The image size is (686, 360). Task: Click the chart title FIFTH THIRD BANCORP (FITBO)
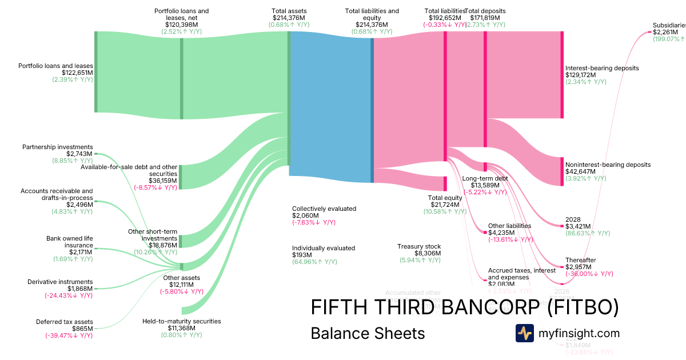point(464,307)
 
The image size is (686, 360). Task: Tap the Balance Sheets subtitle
point(368,333)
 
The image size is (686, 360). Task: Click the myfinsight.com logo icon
point(524,333)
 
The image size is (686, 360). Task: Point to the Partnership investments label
point(57,147)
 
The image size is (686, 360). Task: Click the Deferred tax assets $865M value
point(82,329)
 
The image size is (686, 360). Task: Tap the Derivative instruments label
point(60,282)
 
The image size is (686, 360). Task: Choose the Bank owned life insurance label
point(69,242)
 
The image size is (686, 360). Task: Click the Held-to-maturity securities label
point(181,321)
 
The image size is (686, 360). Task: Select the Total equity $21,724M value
point(444,205)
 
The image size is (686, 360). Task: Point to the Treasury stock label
point(419,246)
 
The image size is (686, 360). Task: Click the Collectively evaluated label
point(324,209)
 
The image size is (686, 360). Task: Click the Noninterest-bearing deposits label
point(608,165)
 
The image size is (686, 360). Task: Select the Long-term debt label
point(484,178)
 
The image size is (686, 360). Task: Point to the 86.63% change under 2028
point(588,233)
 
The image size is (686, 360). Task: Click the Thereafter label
point(580,260)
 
